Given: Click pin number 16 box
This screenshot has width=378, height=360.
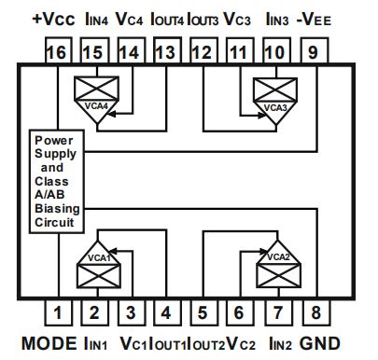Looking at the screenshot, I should [57, 53].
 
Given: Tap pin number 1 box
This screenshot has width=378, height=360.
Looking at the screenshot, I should [57, 313].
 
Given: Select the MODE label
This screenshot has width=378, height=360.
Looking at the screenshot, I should [45, 342].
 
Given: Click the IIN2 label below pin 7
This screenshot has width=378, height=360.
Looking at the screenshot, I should [279, 342].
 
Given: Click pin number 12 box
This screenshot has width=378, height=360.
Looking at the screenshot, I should [200, 53].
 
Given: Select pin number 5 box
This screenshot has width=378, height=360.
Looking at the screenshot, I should [200, 313].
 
